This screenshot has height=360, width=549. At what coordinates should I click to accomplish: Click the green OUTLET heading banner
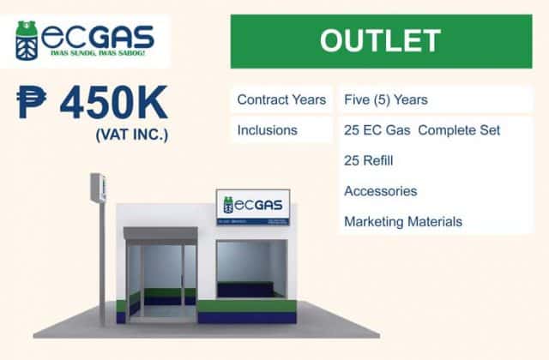pyautogui.click(x=379, y=40)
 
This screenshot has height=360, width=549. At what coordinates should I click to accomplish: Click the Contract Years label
pyautogui.click(x=281, y=100)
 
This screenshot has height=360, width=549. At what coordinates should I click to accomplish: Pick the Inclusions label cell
pyautogui.click(x=268, y=130)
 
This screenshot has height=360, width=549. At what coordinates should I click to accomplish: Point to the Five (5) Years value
pyautogui.click(x=385, y=100)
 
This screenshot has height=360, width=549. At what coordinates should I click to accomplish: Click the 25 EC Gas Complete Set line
pyautogui.click(x=421, y=130)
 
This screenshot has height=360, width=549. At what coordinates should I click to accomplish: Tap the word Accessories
pyautogui.click(x=380, y=191)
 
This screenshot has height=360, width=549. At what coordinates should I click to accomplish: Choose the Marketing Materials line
pyautogui.click(x=403, y=221)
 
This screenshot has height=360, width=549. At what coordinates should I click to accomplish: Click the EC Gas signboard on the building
pyautogui.click(x=252, y=207)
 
